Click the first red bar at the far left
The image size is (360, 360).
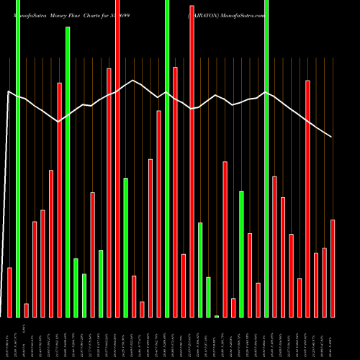click(10, 292)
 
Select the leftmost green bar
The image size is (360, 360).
click(18, 158)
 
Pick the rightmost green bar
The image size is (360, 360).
click(266, 158)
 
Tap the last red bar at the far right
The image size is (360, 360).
click(333, 268)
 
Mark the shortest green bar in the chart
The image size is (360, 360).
click(217, 315)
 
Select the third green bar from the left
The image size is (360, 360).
click(76, 287)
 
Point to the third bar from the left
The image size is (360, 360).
click(27, 310)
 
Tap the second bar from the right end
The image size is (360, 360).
click(324, 282)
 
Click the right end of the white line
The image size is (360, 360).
click(332, 137)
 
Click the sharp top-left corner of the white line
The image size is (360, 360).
click(9, 91)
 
